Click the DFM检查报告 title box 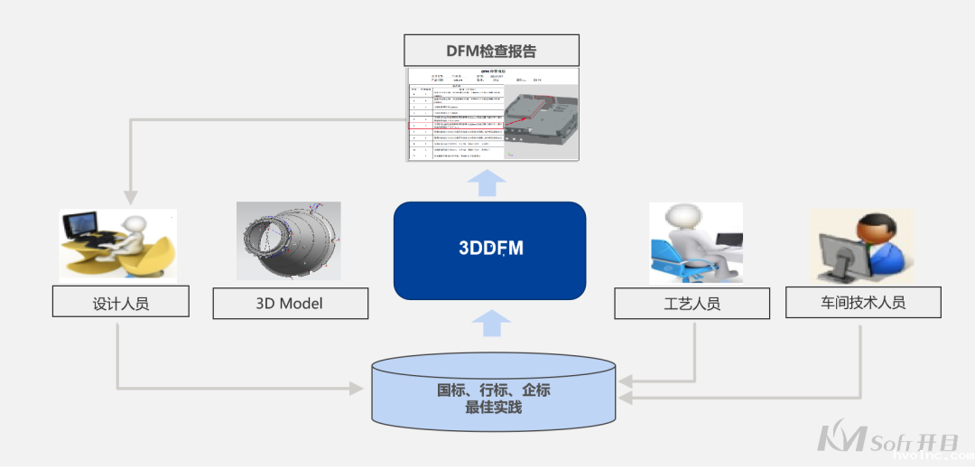point(491,51)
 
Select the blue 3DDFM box point(489,250)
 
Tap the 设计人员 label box point(121,303)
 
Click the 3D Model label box point(290,304)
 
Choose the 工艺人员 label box point(692,304)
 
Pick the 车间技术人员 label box point(863,303)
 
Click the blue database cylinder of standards point(494,393)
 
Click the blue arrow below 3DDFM point(490,321)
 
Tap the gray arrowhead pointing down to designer point(132,195)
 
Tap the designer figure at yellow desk point(117,245)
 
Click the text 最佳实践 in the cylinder point(494,408)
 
